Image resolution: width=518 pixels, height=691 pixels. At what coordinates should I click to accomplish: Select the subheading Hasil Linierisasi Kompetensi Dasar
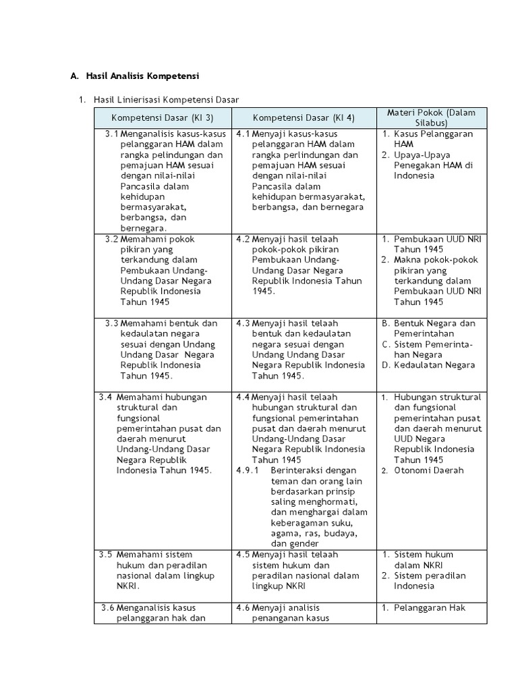167,100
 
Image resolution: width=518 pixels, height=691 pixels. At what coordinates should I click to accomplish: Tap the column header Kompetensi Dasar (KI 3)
163,117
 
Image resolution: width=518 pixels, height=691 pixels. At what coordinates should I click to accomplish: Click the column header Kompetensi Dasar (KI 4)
304,117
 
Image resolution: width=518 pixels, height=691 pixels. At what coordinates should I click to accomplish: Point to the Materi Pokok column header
431,117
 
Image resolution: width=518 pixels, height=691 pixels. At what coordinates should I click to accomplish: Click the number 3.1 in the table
112,134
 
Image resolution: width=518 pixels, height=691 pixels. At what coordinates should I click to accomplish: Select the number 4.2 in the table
243,239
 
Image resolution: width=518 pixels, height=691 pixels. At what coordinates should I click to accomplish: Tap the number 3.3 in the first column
112,323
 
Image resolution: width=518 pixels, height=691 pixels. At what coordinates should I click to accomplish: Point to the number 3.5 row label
105,555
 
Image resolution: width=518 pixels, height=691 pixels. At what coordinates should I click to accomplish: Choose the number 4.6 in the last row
243,607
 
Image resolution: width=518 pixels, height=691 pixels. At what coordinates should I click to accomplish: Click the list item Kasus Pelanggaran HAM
433,139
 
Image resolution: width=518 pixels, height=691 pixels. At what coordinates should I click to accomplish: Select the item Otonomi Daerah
429,470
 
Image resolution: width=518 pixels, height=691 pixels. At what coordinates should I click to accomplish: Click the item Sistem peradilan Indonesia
430,581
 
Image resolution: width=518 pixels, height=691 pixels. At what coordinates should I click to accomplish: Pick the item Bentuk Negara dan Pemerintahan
434,328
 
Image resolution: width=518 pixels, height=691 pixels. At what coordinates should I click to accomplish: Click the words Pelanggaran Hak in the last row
430,607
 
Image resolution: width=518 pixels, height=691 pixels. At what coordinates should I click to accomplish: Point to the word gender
285,544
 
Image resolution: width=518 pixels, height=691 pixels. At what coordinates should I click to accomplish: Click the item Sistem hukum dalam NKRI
424,559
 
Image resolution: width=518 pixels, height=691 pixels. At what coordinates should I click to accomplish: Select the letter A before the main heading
74,76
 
